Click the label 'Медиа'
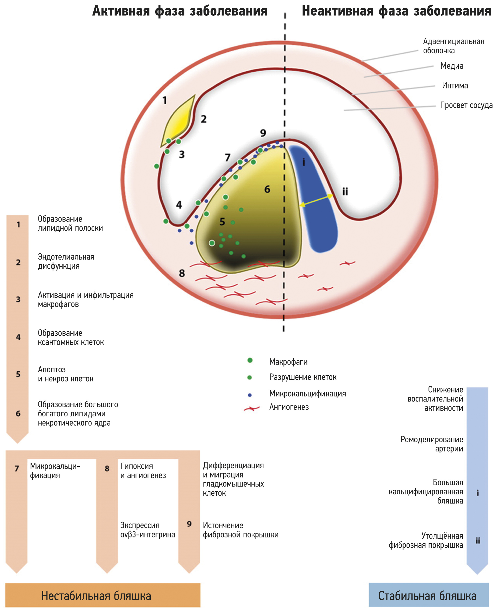[x=452, y=66]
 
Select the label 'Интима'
[x=455, y=85]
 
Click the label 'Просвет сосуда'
[x=466, y=105]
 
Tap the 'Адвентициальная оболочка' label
[x=453, y=46]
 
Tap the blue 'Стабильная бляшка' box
[x=428, y=596]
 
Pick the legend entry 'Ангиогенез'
[x=289, y=407]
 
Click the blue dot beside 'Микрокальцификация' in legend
[x=250, y=395]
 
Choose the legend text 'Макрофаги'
[x=288, y=362]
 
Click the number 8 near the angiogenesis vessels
[x=182, y=273]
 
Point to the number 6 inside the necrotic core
[x=267, y=189]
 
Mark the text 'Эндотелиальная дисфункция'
[x=66, y=261]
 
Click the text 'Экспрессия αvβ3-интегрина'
[x=147, y=530]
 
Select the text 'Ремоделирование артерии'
[x=431, y=444]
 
